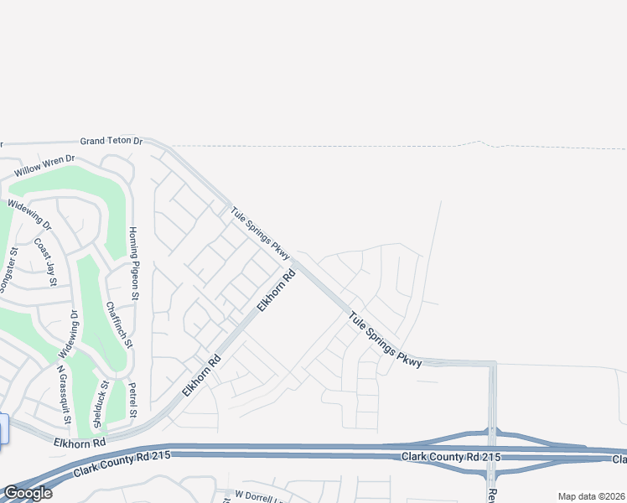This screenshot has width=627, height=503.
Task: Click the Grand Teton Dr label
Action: [111, 142]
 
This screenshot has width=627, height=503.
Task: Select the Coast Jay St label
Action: [44, 262]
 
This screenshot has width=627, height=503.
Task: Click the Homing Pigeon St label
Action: [132, 259]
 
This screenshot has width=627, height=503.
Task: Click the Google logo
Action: [27, 493]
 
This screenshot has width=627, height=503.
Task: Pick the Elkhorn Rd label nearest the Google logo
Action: [80, 441]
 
